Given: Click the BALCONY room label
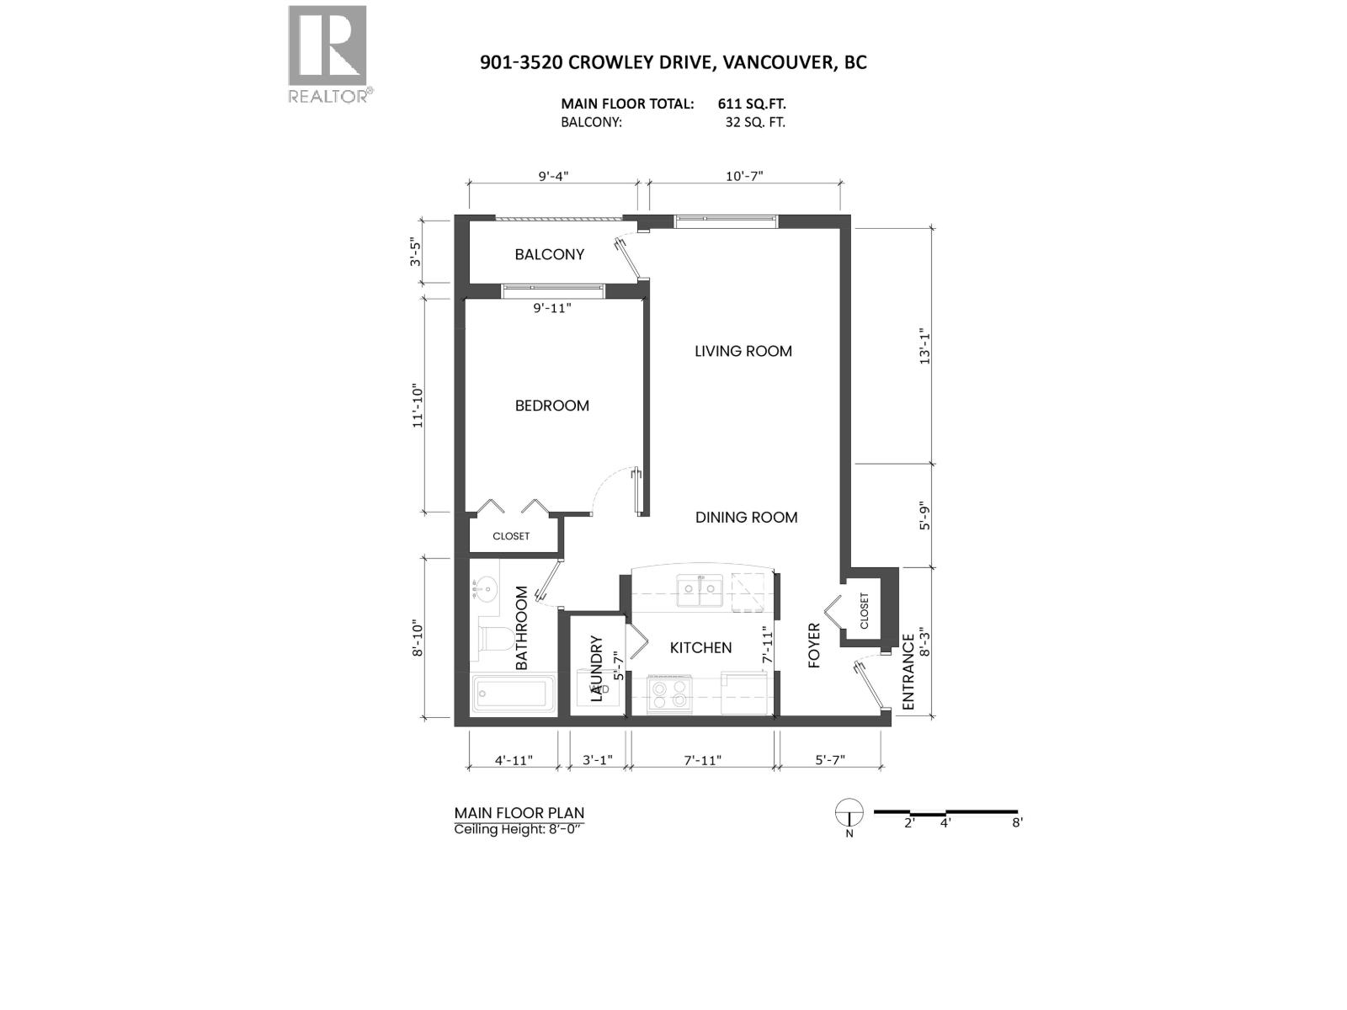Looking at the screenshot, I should click(549, 254).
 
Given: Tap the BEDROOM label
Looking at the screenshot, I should click(551, 406).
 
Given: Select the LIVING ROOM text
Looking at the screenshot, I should click(743, 351).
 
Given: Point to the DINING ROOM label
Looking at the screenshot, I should click(746, 518).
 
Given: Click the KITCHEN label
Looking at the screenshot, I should click(700, 647).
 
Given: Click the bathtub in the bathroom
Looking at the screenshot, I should click(512, 694).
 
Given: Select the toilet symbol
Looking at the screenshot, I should click(490, 637).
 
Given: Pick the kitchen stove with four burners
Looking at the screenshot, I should click(668, 695).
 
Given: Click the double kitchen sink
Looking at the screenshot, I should click(700, 588).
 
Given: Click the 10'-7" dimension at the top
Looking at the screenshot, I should click(743, 176).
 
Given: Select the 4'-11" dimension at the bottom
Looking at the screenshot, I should click(513, 760).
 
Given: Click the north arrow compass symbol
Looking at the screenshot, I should click(849, 814).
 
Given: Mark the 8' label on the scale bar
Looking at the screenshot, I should click(1017, 823).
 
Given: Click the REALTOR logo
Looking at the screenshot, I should click(328, 55).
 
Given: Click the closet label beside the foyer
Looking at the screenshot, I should click(864, 611).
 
